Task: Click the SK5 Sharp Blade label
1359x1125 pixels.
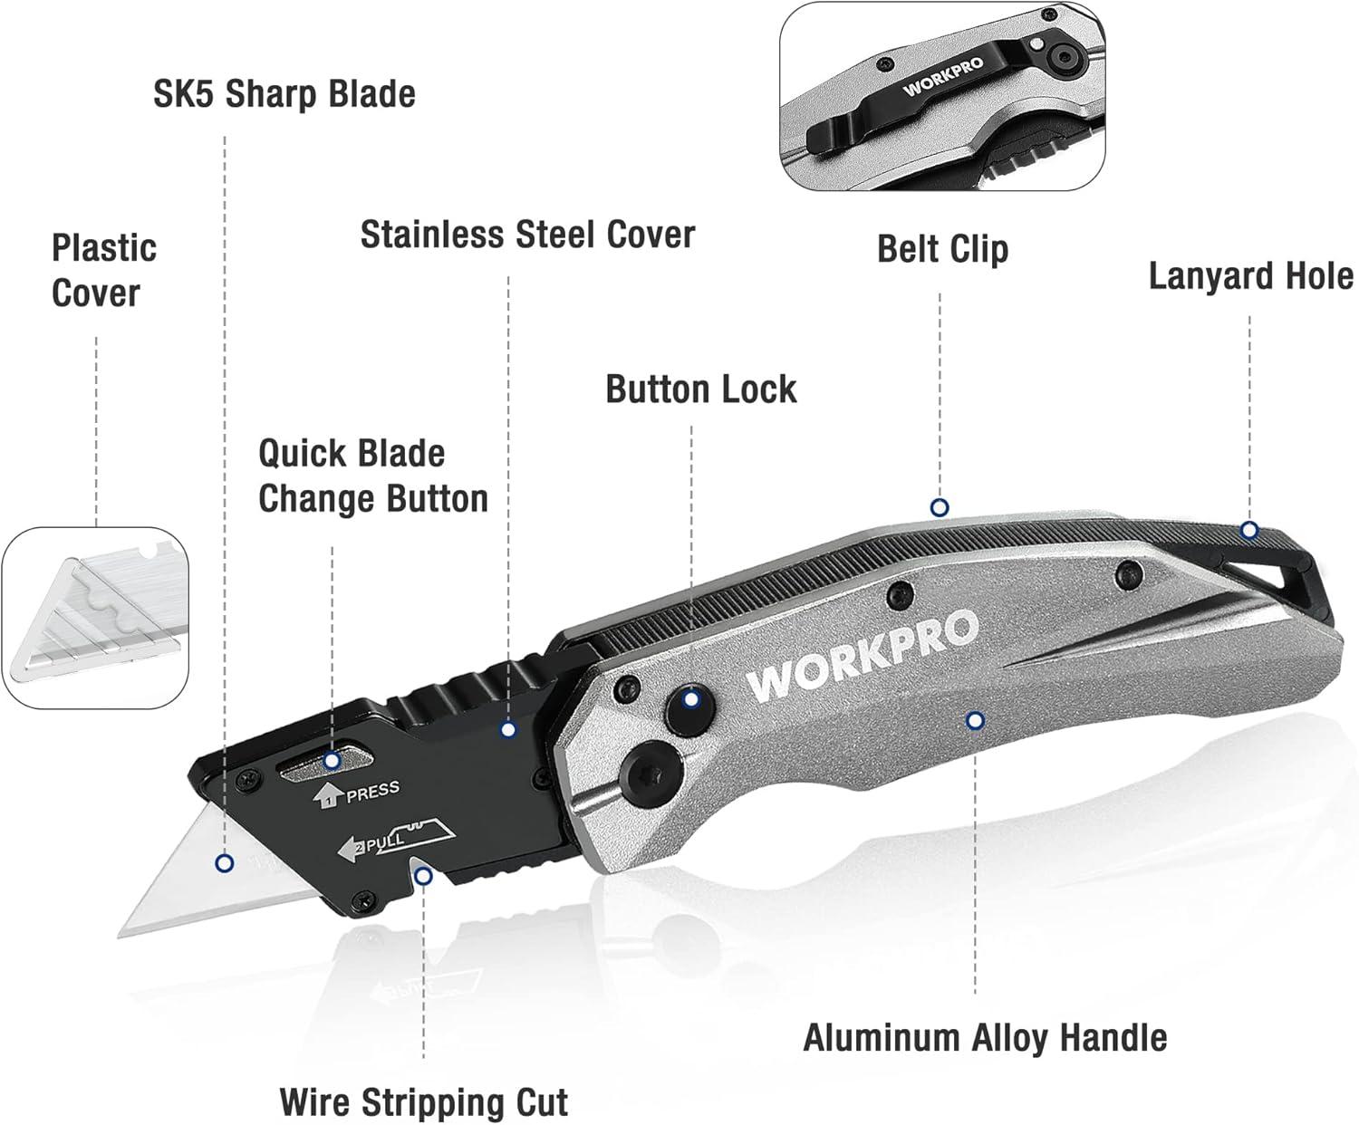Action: click(284, 94)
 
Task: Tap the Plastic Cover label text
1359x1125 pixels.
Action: click(103, 270)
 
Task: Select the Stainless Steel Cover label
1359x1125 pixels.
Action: click(527, 235)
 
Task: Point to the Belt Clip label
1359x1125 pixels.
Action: click(942, 249)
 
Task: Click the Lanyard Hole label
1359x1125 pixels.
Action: click(1250, 276)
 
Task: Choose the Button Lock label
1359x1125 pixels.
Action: click(700, 389)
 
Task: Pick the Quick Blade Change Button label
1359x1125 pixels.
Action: click(372, 476)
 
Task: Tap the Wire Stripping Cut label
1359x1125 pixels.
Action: click(424, 1102)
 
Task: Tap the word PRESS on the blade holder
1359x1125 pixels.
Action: click(372, 792)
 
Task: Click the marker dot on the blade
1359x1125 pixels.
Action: click(225, 863)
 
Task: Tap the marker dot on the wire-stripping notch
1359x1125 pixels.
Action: click(422, 875)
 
